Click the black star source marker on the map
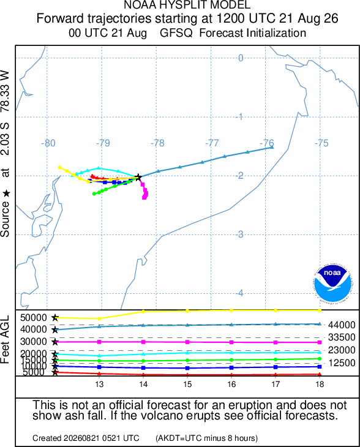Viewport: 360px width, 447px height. [x=138, y=177]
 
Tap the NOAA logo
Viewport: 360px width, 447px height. [x=332, y=283]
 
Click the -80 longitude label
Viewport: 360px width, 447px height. [x=48, y=143]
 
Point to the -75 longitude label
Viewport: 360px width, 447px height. [x=321, y=143]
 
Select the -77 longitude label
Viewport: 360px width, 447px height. [x=212, y=143]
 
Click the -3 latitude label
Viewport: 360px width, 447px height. [x=240, y=235]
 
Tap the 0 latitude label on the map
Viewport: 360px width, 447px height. [x=241, y=58]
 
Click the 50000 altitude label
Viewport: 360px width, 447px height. [x=33, y=318]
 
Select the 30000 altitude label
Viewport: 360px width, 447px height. [x=33, y=342]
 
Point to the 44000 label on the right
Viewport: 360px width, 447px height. [x=342, y=325]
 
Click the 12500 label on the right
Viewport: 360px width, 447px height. [x=342, y=363]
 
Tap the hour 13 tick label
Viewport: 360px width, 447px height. [x=99, y=385]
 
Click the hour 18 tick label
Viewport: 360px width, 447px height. [x=320, y=385]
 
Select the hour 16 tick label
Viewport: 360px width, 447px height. [x=231, y=385]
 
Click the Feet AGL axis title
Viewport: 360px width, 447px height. [x=5, y=339]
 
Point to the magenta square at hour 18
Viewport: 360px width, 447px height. [x=320, y=342]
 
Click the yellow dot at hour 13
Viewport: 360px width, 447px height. [x=99, y=318]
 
